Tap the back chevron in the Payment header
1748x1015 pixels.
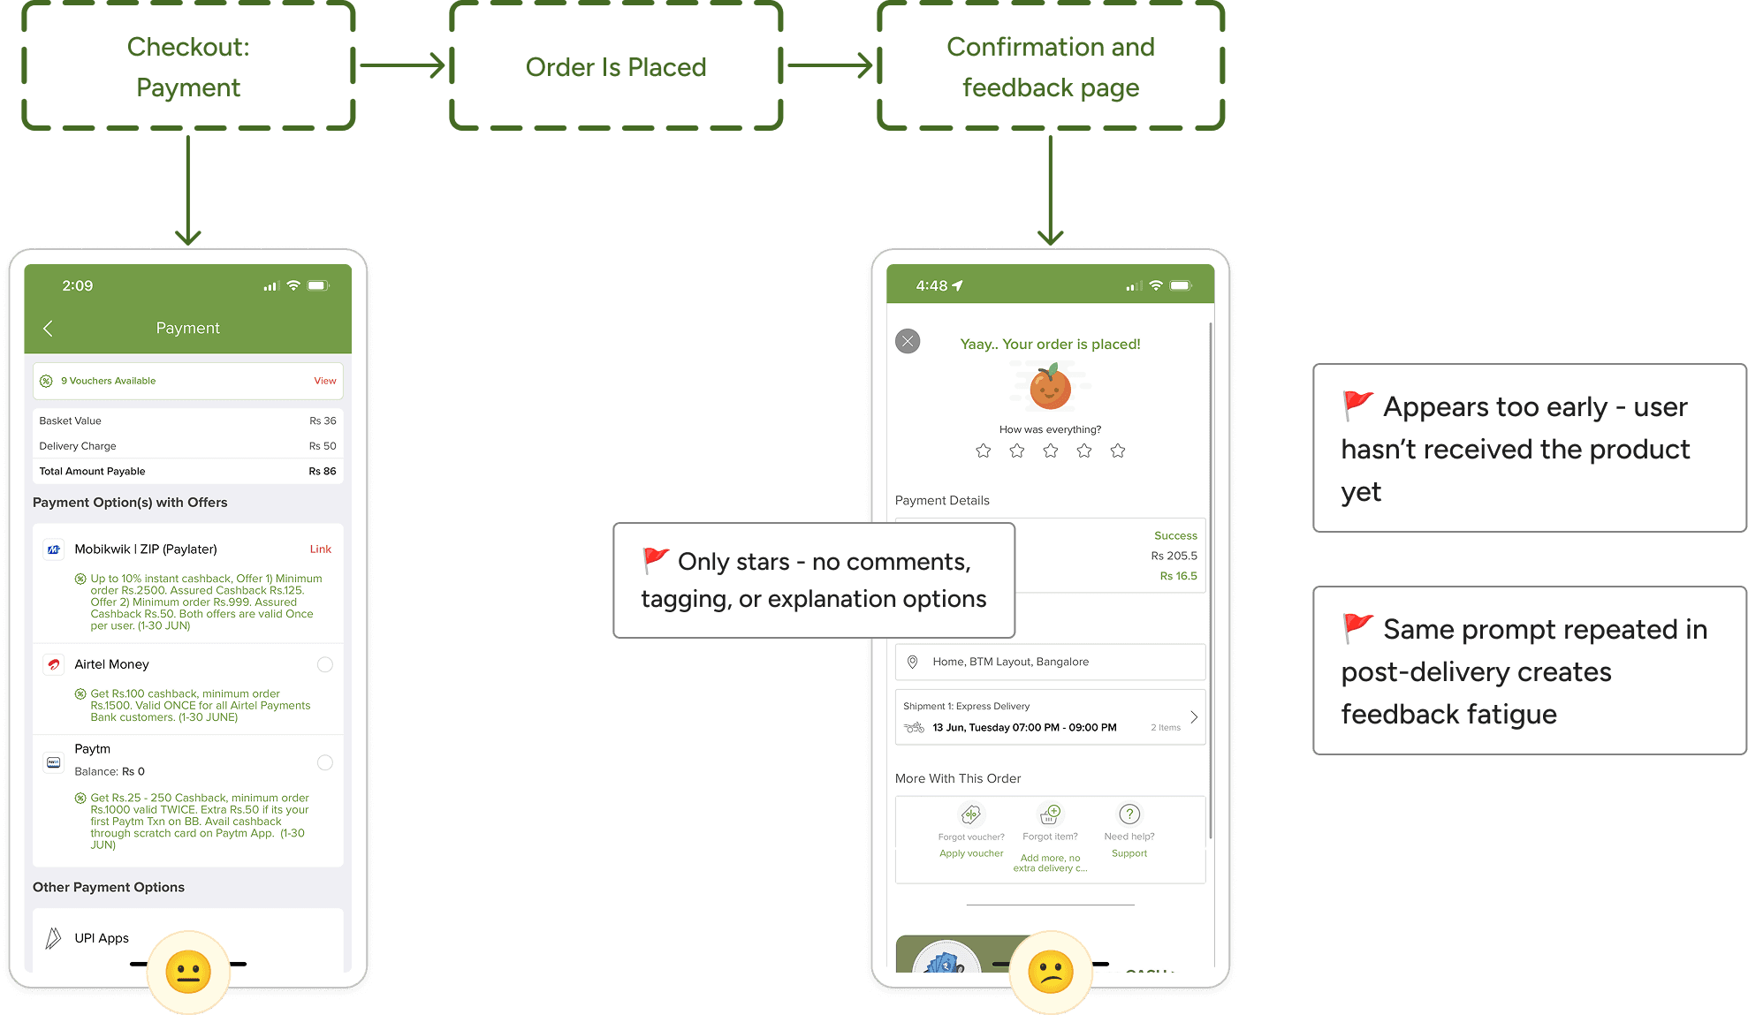click(49, 329)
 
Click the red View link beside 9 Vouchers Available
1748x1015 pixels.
click(324, 381)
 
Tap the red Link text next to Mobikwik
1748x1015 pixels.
click(320, 549)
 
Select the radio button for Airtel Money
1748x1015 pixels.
click(325, 664)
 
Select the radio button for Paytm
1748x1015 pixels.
click(325, 762)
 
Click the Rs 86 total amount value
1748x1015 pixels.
click(322, 471)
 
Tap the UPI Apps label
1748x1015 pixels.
click(102, 938)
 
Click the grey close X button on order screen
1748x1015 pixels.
click(908, 341)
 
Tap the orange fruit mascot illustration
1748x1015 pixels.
click(1050, 387)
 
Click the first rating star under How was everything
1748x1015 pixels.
click(983, 451)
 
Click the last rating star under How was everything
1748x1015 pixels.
click(1118, 451)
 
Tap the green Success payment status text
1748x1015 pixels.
click(1175, 535)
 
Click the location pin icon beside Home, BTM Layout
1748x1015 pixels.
click(913, 662)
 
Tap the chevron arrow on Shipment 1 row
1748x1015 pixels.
click(1194, 717)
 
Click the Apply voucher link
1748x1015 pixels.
click(971, 853)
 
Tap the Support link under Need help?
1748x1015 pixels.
click(1129, 853)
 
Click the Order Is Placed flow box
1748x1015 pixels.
click(616, 66)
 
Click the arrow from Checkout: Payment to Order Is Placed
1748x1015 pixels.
click(401, 64)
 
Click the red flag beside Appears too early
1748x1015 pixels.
click(1357, 405)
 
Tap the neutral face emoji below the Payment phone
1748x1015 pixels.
click(188, 973)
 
